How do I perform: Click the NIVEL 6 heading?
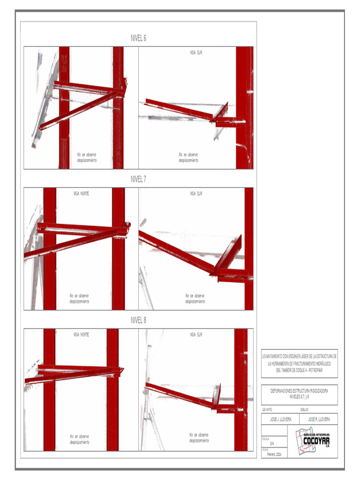click(138, 38)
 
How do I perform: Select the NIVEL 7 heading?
click(138, 179)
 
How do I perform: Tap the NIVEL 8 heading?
click(138, 320)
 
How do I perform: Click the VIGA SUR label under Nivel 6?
click(196, 53)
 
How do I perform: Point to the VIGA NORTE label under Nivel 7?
click(81, 194)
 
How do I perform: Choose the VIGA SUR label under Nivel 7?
click(196, 194)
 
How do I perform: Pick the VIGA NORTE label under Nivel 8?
click(81, 335)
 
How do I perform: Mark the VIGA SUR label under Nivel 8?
click(196, 335)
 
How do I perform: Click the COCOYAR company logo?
click(314, 441)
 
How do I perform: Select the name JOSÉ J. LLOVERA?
click(281, 420)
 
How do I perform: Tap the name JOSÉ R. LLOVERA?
click(319, 420)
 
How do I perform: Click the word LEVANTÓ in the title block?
click(268, 410)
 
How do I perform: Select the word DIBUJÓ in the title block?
click(305, 410)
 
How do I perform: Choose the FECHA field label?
click(265, 450)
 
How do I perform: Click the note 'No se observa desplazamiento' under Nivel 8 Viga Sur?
click(199, 438)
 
